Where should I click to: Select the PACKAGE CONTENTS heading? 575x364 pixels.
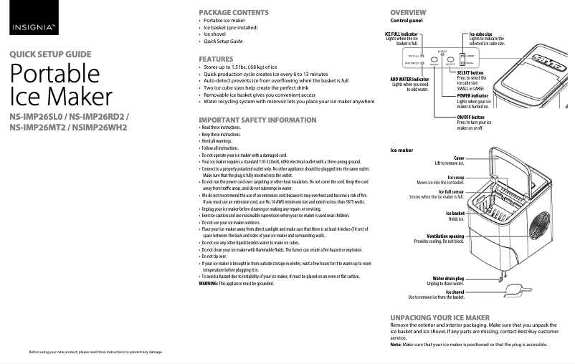pyautogui.click(x=234, y=13)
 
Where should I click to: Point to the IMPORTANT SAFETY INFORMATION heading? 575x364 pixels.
pyautogui.click(x=257, y=119)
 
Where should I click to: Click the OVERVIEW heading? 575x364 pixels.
pyautogui.click(x=408, y=13)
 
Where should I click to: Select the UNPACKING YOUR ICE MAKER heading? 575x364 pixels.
pyautogui.click(x=439, y=317)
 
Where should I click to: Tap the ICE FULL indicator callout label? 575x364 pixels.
pyautogui.click(x=401, y=34)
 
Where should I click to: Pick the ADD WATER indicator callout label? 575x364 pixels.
pyautogui.click(x=409, y=79)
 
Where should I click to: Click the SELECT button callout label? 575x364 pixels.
pyautogui.click(x=470, y=73)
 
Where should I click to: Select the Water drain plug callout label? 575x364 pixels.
pyautogui.click(x=448, y=278)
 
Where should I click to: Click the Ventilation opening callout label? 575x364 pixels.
pyautogui.click(x=445, y=236)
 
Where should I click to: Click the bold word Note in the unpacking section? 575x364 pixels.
pyautogui.click(x=395, y=345)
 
